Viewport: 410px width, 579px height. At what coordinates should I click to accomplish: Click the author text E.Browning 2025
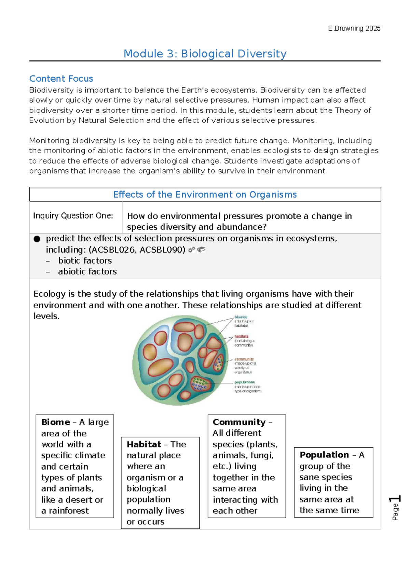tap(354, 28)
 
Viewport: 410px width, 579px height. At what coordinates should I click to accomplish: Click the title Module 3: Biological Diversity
tap(205, 54)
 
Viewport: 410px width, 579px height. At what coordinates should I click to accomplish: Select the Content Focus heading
tap(61, 79)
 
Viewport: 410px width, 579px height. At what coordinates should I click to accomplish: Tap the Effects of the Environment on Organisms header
tap(205, 195)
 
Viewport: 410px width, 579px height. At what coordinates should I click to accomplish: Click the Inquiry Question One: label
tap(73, 216)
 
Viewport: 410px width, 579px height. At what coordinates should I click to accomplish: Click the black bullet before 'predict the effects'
tap(37, 239)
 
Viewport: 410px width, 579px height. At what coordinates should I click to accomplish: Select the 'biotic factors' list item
tap(85, 260)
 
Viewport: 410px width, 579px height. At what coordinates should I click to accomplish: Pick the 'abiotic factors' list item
tap(87, 271)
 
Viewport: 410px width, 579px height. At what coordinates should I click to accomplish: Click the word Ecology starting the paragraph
tap(49, 294)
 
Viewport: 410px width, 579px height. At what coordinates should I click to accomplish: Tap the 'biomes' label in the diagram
tap(241, 317)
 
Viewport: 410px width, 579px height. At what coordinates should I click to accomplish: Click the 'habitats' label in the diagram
tap(241, 337)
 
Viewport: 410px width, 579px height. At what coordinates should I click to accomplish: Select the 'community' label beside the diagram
tap(244, 359)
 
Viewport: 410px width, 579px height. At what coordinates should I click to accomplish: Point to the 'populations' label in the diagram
tap(244, 382)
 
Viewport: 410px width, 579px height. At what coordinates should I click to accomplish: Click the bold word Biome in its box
tap(56, 422)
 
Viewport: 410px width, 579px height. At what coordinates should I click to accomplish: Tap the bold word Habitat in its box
tap(144, 444)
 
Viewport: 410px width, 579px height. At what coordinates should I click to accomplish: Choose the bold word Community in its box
tap(239, 422)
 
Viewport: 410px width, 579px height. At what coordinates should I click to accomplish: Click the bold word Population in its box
tap(324, 455)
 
